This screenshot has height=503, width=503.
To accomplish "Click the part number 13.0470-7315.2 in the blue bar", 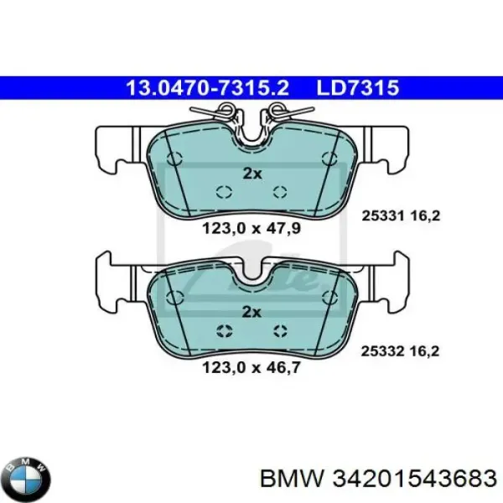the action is tap(208, 88).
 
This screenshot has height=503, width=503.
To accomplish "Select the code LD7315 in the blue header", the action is tap(358, 88).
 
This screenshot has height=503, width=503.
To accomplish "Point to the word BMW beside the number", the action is tap(292, 479).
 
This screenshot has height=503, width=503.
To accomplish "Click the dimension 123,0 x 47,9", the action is tap(251, 229).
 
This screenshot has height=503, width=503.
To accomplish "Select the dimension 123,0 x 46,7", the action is tap(251, 368).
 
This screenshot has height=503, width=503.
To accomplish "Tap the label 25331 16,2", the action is tap(401, 216).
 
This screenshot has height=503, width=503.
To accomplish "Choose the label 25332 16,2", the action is tap(400, 351).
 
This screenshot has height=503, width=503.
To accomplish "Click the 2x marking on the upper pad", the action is tap(252, 174).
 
